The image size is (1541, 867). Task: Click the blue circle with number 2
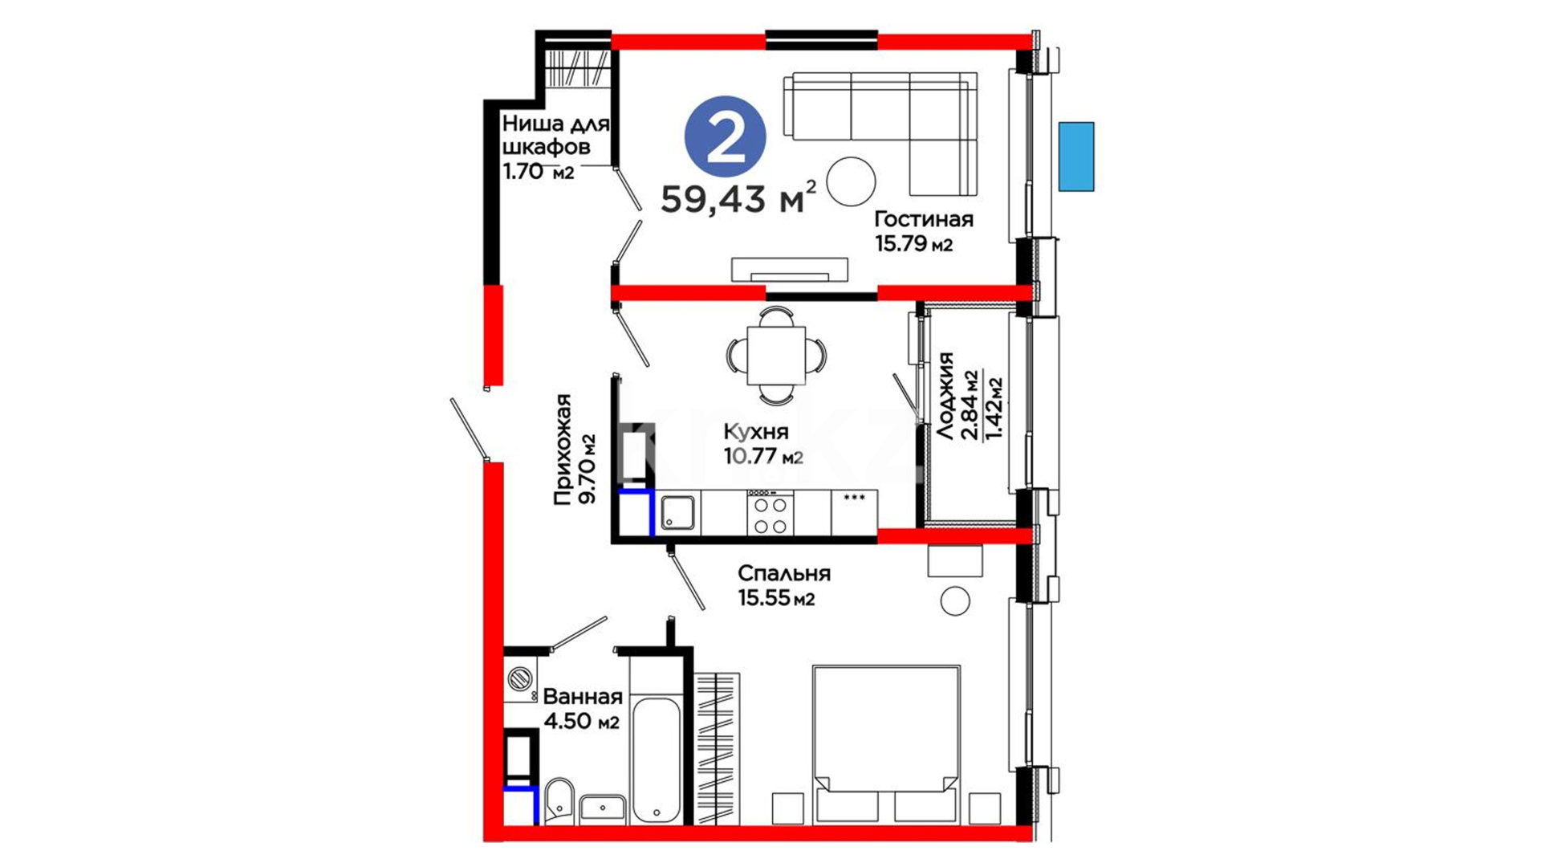[x=725, y=137]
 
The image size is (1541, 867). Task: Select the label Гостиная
[x=924, y=219]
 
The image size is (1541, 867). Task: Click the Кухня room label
[x=755, y=432]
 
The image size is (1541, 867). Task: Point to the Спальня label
[x=783, y=574]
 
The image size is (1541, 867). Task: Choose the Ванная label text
[x=583, y=696]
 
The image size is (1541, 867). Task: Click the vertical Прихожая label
[x=563, y=450]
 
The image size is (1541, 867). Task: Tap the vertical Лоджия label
[x=945, y=395]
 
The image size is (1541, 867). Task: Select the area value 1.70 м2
[x=538, y=171]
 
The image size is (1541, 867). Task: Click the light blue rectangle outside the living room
[x=1075, y=157]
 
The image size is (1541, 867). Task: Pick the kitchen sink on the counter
[x=678, y=513]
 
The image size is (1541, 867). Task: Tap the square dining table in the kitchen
[x=776, y=356]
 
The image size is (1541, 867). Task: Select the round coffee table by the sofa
[x=851, y=181]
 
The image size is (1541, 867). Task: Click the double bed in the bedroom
[x=886, y=743]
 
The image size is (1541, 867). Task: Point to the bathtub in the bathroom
[x=656, y=759]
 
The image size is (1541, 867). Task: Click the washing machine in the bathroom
[x=521, y=680]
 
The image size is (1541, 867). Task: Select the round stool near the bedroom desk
[x=955, y=600]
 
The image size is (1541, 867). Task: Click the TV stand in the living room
[x=789, y=270]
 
